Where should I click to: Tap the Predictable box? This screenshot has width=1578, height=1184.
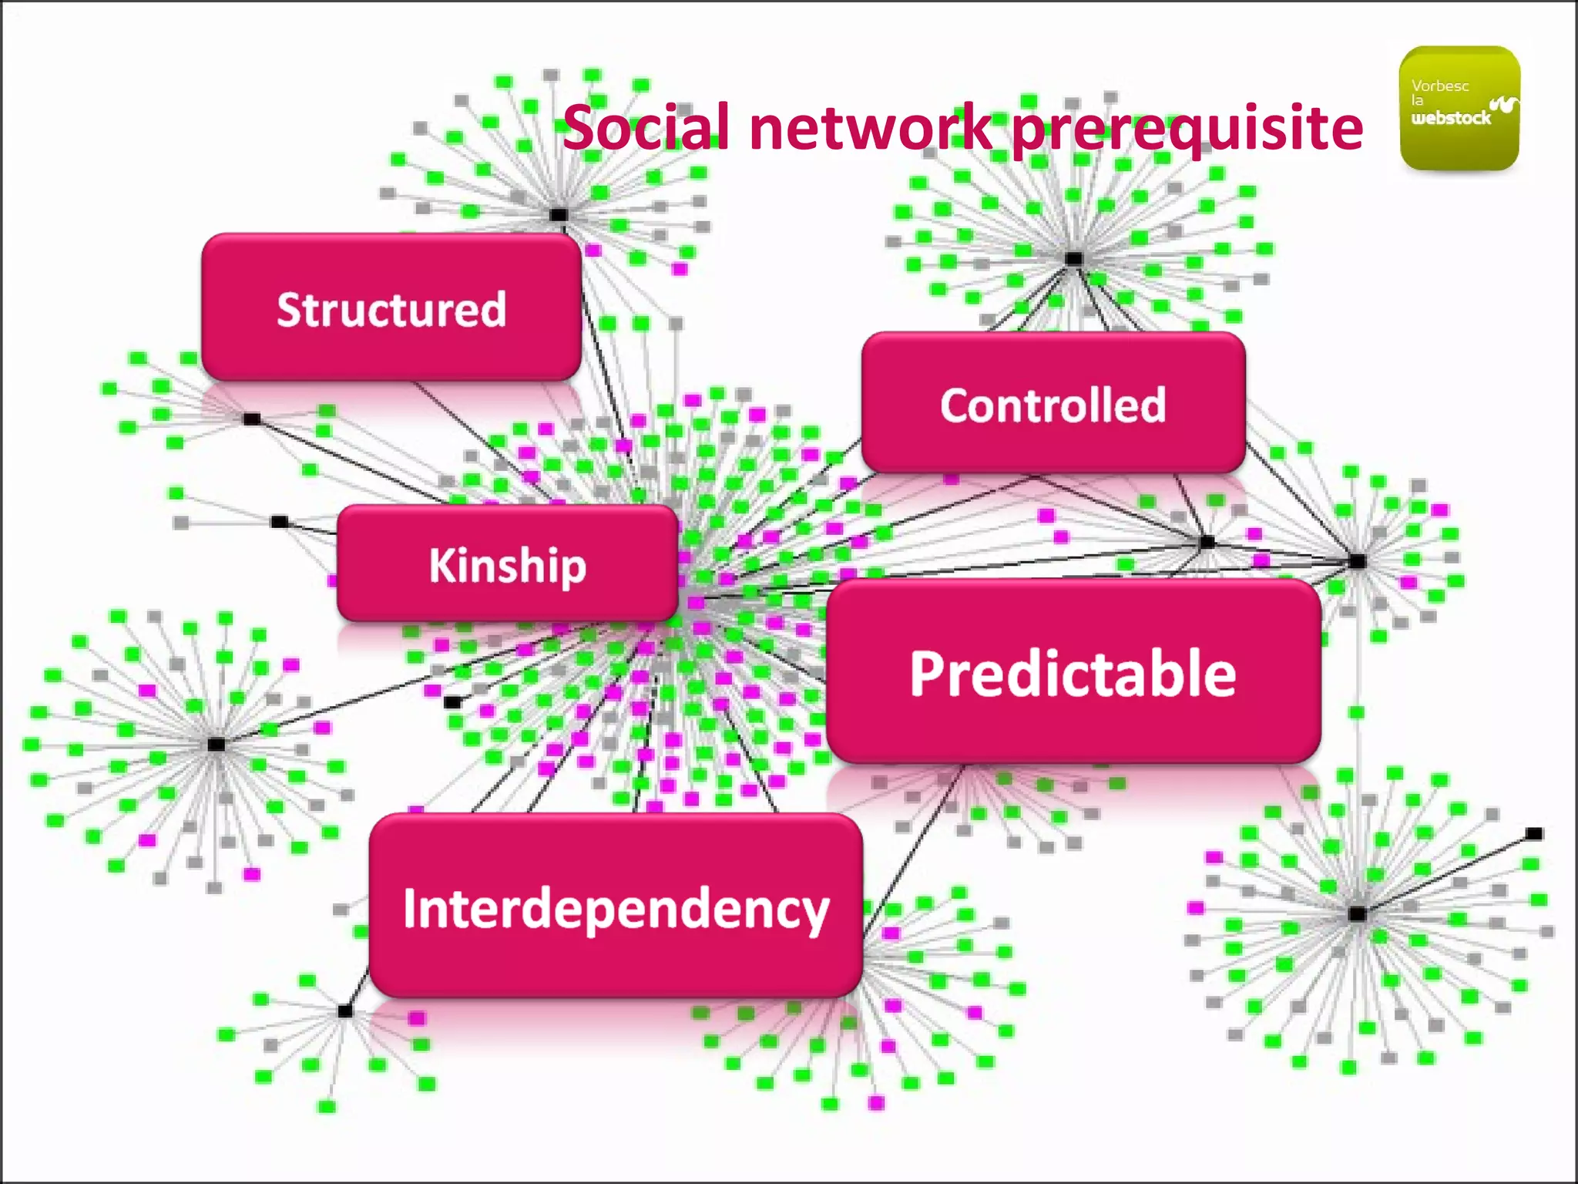point(1073,672)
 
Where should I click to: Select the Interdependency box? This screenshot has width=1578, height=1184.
point(616,906)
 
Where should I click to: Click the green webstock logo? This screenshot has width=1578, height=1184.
point(1459,108)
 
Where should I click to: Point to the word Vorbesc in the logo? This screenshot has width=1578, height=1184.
point(1439,86)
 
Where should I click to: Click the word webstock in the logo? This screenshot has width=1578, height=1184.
point(1451,118)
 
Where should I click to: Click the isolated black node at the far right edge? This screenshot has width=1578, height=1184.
point(1534,833)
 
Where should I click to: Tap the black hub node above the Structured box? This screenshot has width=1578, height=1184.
point(559,215)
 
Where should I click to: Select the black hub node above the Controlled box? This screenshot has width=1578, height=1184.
point(1074,258)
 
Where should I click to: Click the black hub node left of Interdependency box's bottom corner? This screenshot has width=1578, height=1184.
point(345,1011)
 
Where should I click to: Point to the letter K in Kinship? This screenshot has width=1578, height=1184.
point(442,563)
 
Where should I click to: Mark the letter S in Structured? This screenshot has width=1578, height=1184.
point(289,309)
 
